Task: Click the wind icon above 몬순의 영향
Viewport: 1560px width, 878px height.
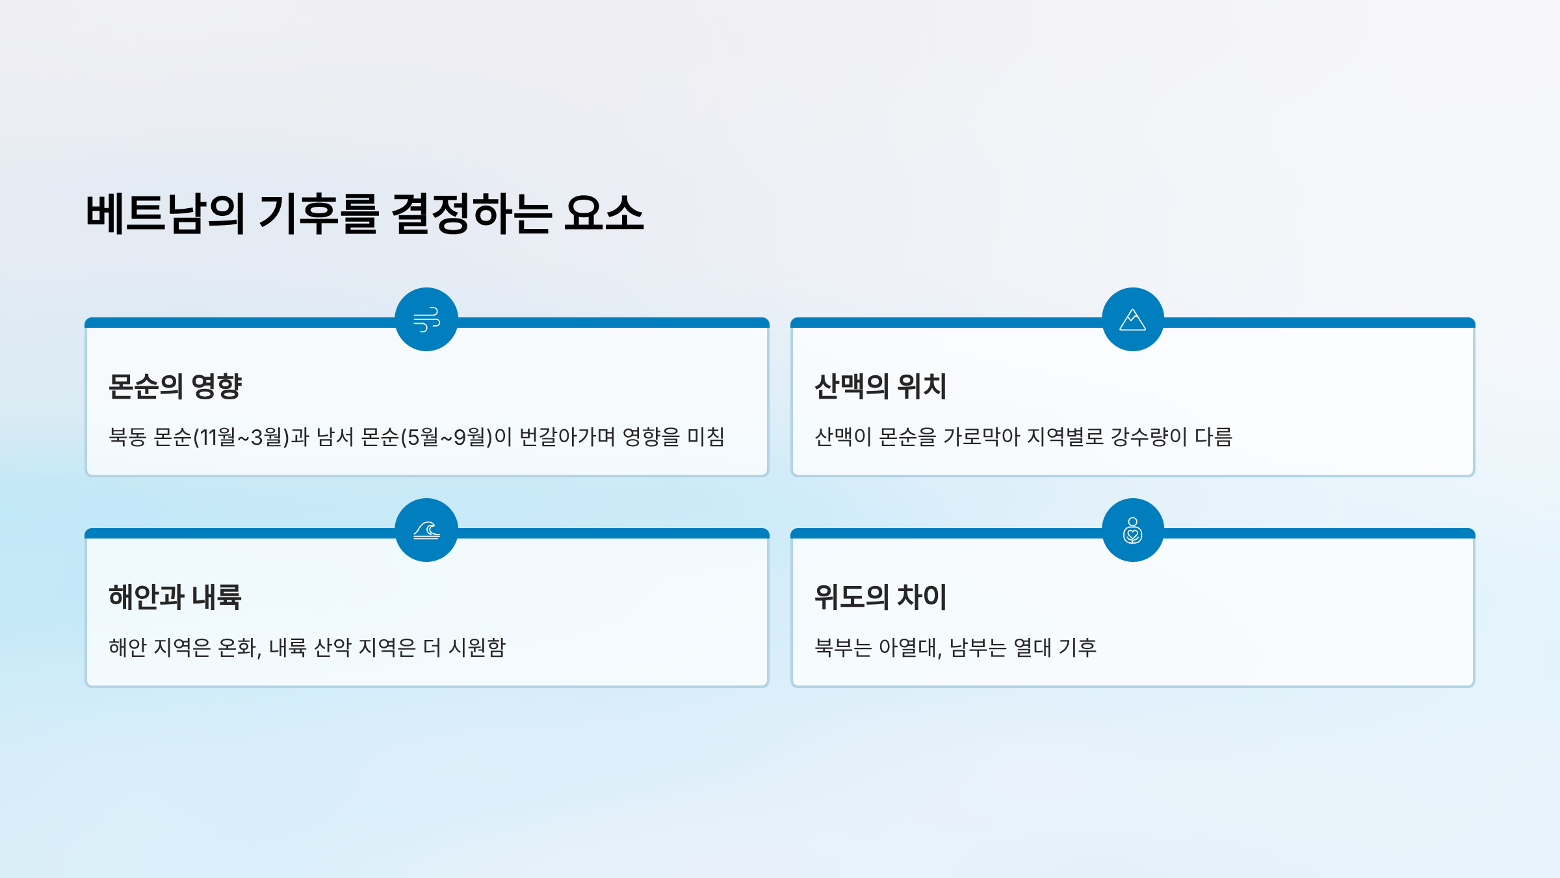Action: click(426, 319)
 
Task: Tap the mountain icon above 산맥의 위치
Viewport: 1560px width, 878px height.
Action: click(1132, 319)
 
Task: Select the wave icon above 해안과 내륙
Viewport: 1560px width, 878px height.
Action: click(426, 530)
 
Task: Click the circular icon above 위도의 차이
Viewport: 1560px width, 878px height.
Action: click(1132, 530)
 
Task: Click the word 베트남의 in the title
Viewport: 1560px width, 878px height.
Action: click(165, 213)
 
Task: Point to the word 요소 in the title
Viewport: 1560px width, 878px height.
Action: click(604, 213)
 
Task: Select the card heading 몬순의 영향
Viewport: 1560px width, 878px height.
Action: click(175, 386)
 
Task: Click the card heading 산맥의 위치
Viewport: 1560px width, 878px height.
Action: click(880, 386)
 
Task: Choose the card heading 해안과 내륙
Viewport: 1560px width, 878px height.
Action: click(175, 597)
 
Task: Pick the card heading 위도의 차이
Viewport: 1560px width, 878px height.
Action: click(880, 597)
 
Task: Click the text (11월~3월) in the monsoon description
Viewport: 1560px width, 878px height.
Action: click(241, 437)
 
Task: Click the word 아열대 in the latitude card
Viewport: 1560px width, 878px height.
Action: click(909, 648)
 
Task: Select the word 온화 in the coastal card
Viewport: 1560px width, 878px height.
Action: click(237, 648)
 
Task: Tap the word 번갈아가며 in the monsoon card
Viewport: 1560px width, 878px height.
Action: click(567, 437)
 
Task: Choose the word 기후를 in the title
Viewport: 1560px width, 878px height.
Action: click(318, 213)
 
